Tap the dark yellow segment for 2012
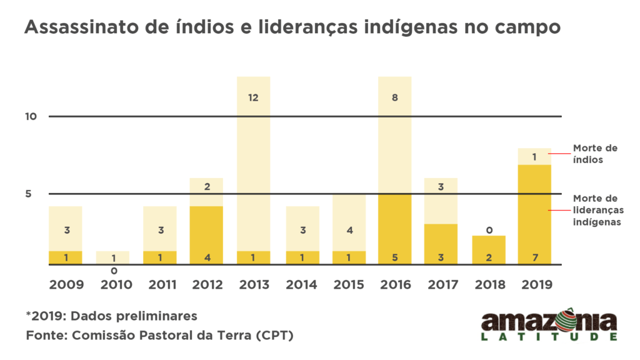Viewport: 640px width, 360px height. pyautogui.click(x=207, y=231)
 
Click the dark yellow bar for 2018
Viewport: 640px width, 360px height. pyautogui.click(x=489, y=249)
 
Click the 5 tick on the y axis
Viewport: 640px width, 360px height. pyautogui.click(x=28, y=194)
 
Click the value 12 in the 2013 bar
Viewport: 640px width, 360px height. pyautogui.click(x=254, y=97)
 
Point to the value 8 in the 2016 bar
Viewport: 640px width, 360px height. pyautogui.click(x=395, y=97)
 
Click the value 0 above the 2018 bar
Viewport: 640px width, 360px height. pyautogui.click(x=489, y=230)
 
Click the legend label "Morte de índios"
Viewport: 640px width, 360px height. pyautogui.click(x=595, y=153)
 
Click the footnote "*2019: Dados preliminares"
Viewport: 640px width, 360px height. pyautogui.click(x=112, y=315)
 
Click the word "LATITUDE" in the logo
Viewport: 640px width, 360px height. pyautogui.click(x=549, y=337)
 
